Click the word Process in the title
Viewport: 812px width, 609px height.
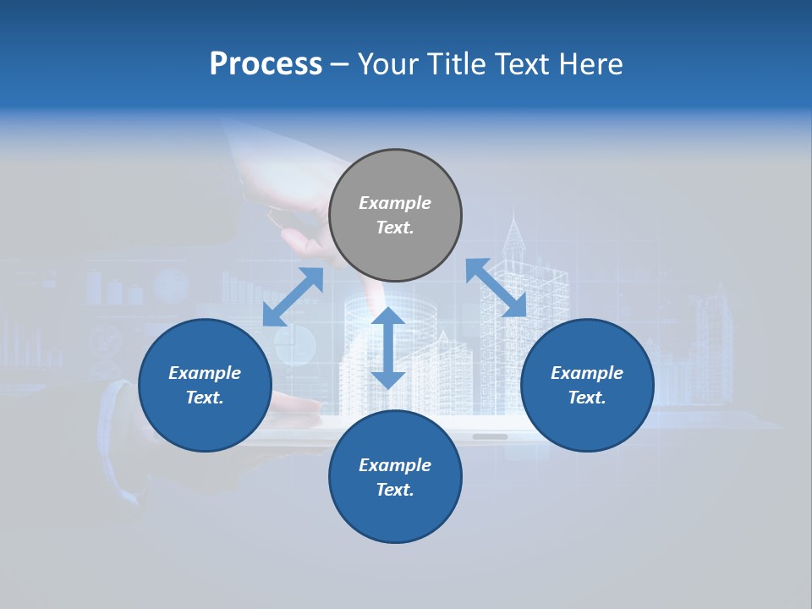pyautogui.click(x=266, y=64)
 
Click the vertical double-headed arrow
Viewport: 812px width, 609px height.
pyautogui.click(x=388, y=348)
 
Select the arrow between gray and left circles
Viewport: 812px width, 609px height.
pyautogui.click(x=293, y=297)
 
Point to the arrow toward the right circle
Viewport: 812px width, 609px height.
pyautogui.click(x=496, y=288)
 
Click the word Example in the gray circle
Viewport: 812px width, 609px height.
pyautogui.click(x=395, y=203)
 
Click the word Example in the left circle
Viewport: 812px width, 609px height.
pyautogui.click(x=205, y=373)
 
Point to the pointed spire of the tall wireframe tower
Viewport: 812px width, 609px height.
pyautogui.click(x=514, y=222)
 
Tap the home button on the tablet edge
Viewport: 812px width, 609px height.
pyautogui.click(x=490, y=437)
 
